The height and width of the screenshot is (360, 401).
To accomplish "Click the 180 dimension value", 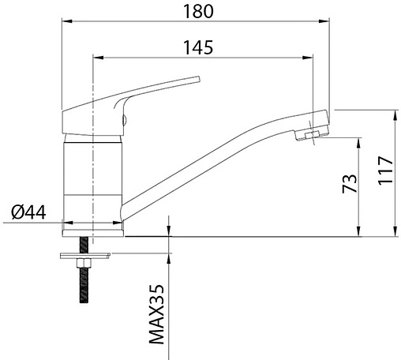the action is pos(198,12).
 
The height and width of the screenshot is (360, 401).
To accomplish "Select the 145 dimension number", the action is pos(198,47).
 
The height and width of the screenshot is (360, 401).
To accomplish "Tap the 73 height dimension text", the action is pos(350,183).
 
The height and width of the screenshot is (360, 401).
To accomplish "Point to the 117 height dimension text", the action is pos(386,171).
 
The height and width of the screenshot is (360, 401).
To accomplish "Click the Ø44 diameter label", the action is pos(28,212).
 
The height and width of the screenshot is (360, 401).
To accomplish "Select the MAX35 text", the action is pos(156,314).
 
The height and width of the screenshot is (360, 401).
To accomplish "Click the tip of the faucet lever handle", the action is pos(199,79).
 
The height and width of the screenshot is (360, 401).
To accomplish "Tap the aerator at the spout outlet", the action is pos(312,135).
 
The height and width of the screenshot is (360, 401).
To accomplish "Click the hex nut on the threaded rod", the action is pos(84,263).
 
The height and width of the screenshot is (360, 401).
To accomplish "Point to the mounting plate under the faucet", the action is pos(85,256).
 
